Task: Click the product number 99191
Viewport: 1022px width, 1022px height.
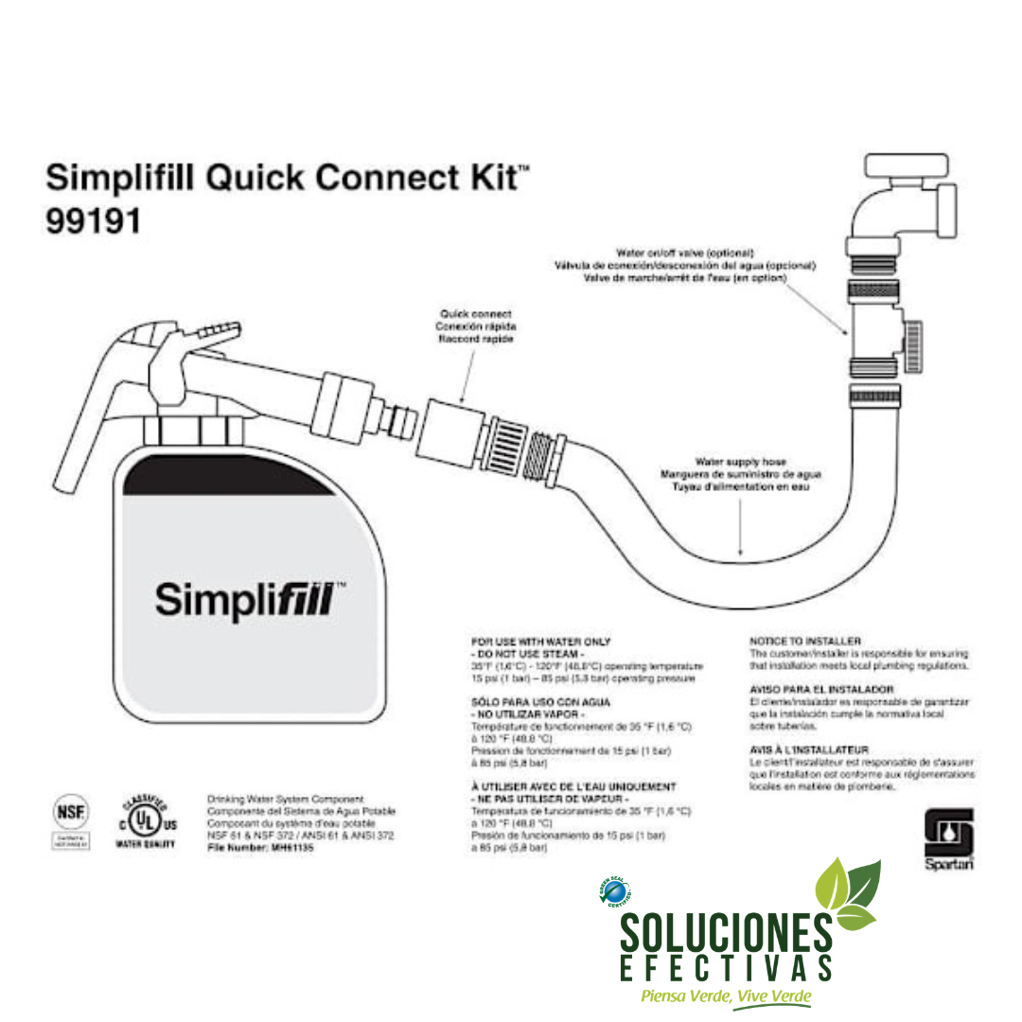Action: [94, 220]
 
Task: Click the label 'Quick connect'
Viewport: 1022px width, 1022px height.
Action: [476, 313]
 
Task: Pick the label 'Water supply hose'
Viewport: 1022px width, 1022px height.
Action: [740, 462]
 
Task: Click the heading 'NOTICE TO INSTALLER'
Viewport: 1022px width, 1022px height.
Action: [805, 641]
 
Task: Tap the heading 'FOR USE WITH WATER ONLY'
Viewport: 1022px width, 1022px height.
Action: [540, 642]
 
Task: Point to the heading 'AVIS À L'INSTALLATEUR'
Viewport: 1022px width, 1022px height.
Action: [808, 749]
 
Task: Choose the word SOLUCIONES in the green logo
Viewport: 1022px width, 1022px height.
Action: [727, 932]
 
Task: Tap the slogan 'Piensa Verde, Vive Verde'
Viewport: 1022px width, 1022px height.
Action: [726, 996]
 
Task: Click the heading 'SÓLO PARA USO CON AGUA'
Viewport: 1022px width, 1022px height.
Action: [540, 702]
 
